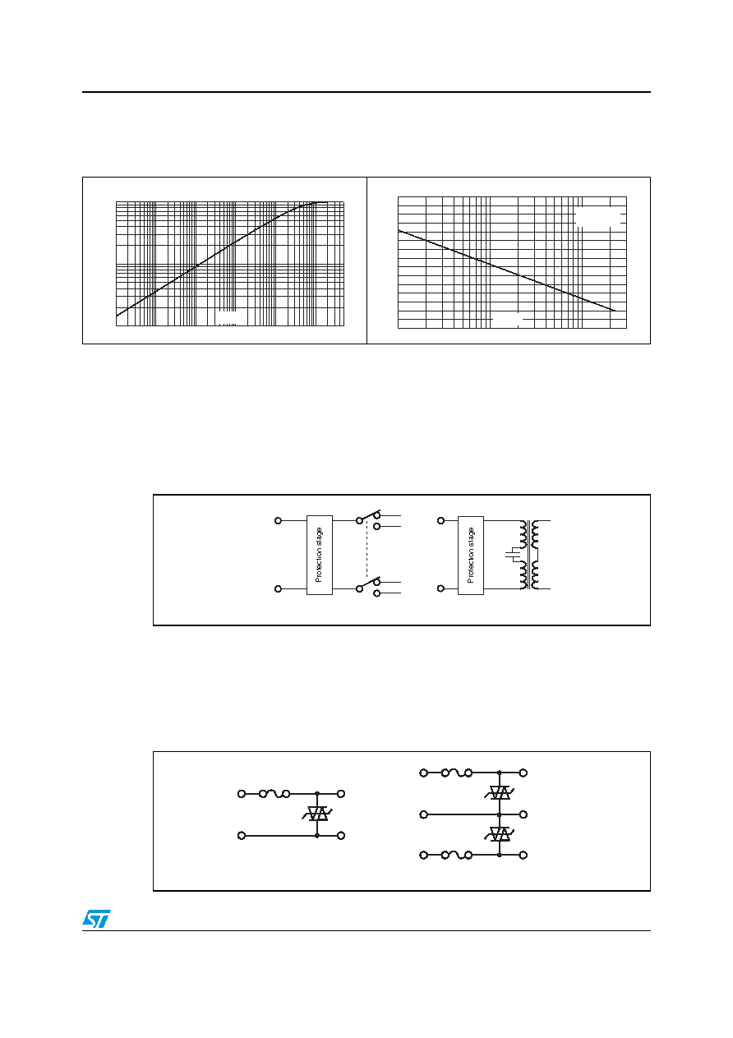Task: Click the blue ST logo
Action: pos(96,919)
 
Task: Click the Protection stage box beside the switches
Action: pos(319,555)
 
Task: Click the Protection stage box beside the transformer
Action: pos(470,555)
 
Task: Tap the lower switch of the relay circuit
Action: pos(368,585)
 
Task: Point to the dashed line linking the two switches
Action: pos(367,551)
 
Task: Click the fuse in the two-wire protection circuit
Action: pos(274,794)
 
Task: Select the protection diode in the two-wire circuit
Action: pos(317,814)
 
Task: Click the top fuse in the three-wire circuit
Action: pos(457,773)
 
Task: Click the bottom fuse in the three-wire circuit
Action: pos(457,855)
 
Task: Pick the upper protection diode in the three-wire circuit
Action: pos(499,793)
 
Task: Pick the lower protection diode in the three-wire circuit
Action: pos(499,834)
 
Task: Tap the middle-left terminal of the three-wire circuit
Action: pos(423,814)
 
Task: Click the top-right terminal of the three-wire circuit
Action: pos(523,773)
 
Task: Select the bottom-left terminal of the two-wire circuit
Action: pos(242,836)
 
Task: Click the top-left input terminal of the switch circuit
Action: pos(278,520)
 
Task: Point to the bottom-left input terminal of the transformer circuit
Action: pos(440,588)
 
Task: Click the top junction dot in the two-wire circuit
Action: pos(317,794)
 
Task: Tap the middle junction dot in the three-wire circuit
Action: pos(499,814)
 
